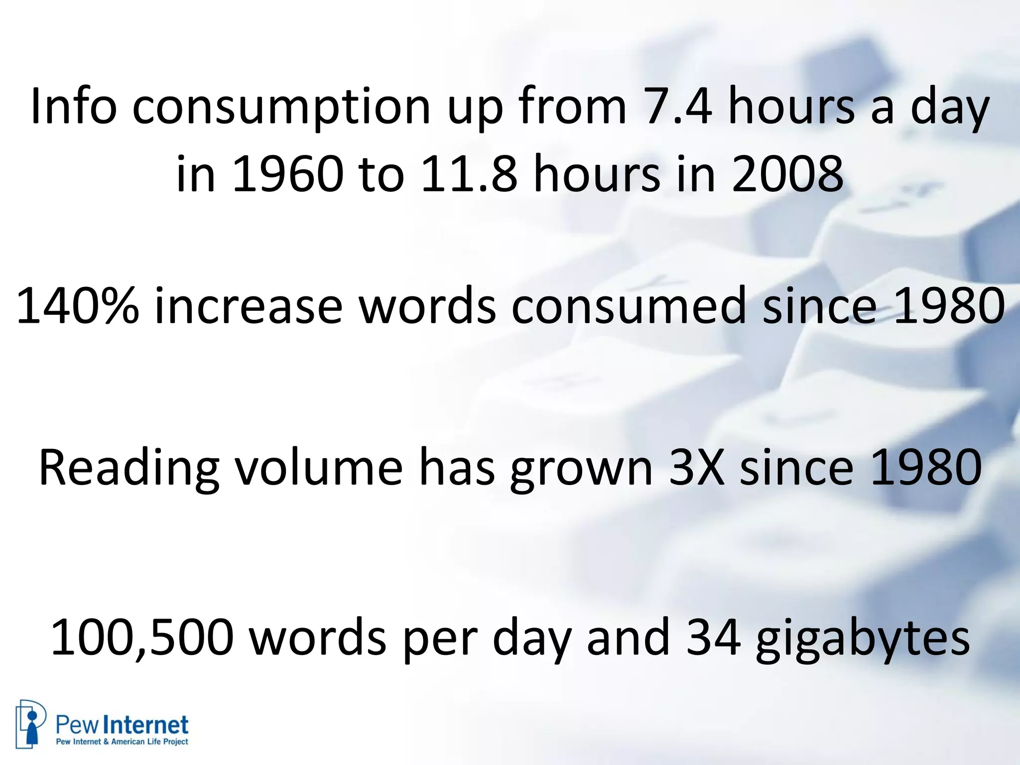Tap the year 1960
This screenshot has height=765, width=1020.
[287, 174]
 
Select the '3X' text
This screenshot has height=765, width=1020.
[696, 468]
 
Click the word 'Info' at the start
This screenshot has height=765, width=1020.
[73, 106]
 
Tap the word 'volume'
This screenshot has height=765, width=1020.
[319, 468]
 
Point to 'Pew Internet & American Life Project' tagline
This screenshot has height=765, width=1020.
[122, 742]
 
